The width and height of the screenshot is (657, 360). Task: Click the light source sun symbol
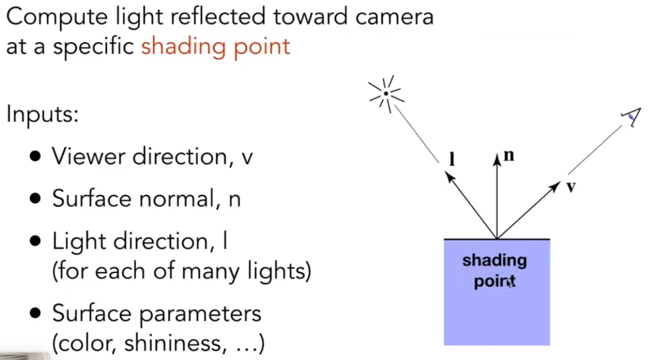[x=386, y=94]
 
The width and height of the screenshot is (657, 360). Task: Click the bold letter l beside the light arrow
[x=452, y=159]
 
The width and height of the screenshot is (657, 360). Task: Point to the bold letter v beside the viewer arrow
[x=571, y=187]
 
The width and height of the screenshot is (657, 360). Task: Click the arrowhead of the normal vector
[x=497, y=159]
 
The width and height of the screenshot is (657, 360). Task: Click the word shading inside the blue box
[x=494, y=261]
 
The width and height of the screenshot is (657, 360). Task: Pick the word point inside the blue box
[x=494, y=281]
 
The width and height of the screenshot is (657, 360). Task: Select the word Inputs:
[x=42, y=115]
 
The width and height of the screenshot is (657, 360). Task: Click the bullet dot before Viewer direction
[x=35, y=157]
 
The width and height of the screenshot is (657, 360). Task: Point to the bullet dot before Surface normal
[x=35, y=199]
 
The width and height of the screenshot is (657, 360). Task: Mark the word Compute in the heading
[x=50, y=16]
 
